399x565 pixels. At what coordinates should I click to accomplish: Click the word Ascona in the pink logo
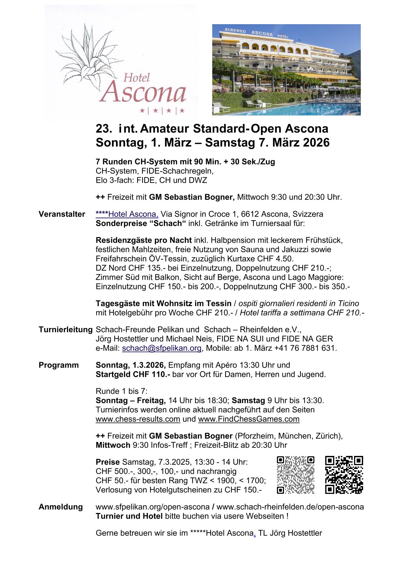(142, 92)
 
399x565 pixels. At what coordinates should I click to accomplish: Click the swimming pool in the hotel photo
(302, 109)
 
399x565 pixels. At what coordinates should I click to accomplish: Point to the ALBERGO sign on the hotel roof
(235, 31)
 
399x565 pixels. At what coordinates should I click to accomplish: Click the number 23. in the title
(104, 129)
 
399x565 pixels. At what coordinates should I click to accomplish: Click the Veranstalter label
(62, 214)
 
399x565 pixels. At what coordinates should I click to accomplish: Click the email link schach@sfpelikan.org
(162, 348)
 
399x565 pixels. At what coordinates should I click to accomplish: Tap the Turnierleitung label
(65, 330)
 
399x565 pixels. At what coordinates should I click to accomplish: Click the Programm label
(59, 365)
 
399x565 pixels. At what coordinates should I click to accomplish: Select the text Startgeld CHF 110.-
(133, 374)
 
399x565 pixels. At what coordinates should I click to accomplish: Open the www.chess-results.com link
(138, 419)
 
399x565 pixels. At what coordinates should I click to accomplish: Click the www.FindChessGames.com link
(249, 419)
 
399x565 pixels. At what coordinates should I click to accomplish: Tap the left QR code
(295, 475)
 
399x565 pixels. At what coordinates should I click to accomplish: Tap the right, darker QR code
(344, 475)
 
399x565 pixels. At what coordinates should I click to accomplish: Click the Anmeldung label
(61, 507)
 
